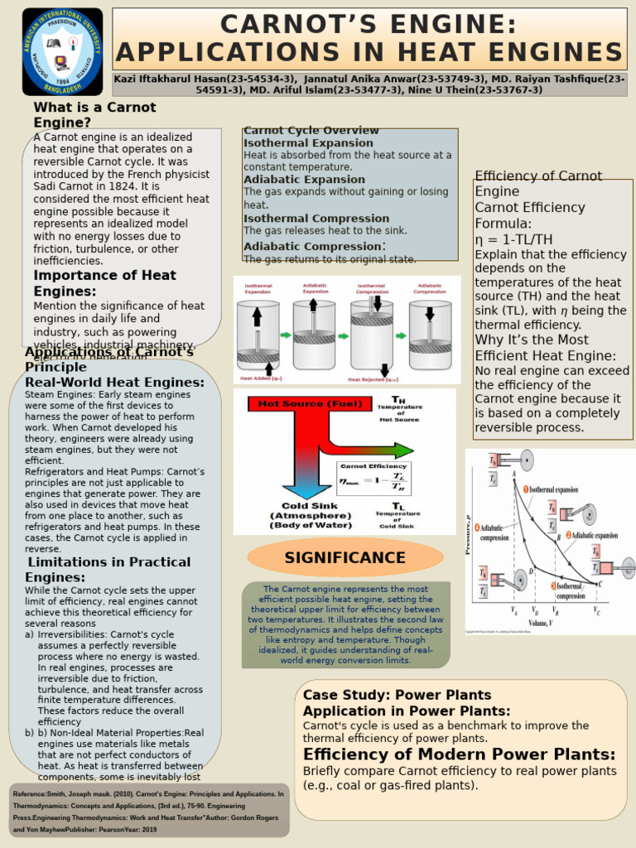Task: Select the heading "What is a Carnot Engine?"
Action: click(94, 115)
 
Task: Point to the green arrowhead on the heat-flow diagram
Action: click(403, 450)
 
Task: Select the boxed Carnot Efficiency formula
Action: click(374, 479)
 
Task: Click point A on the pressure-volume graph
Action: click(514, 473)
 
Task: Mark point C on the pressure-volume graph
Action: click(599, 583)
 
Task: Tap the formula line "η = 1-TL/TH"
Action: click(513, 239)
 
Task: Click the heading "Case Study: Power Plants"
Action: click(397, 695)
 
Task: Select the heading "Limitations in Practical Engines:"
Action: click(108, 569)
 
